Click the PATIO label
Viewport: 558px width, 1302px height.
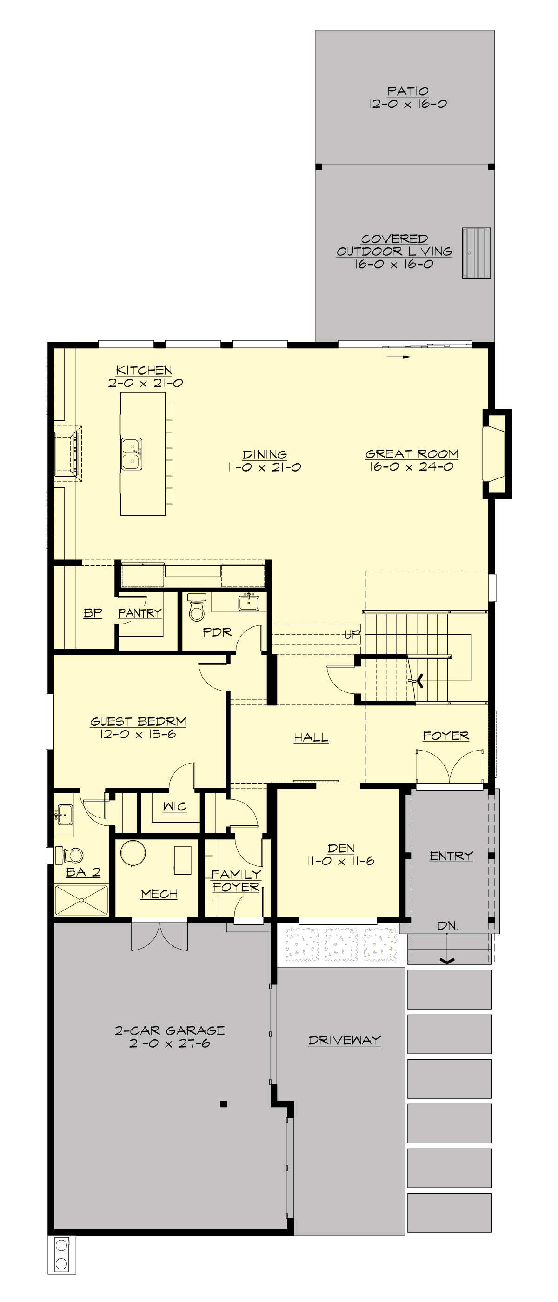click(x=407, y=91)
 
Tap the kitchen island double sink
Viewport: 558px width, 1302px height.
click(x=132, y=454)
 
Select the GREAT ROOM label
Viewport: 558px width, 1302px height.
click(x=412, y=454)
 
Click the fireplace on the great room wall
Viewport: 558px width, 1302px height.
click(x=493, y=454)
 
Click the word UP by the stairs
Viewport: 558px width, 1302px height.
click(x=352, y=634)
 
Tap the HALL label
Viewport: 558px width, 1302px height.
click(x=311, y=737)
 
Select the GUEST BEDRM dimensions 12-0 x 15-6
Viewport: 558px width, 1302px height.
click(x=138, y=734)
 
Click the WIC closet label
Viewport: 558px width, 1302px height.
click(x=174, y=806)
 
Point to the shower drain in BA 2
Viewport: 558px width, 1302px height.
click(x=81, y=900)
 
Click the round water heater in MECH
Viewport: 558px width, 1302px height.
click(x=133, y=853)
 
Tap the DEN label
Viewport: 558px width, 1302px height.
click(x=341, y=848)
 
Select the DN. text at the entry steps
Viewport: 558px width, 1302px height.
click(x=448, y=926)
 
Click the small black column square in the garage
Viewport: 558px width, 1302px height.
click(x=223, y=1104)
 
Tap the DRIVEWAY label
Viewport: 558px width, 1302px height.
click(x=344, y=1040)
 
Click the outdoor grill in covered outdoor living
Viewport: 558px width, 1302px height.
click(x=476, y=252)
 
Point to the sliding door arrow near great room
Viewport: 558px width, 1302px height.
click(x=399, y=356)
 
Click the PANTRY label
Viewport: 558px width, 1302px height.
click(x=139, y=613)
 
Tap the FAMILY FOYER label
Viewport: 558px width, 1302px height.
click(x=236, y=880)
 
